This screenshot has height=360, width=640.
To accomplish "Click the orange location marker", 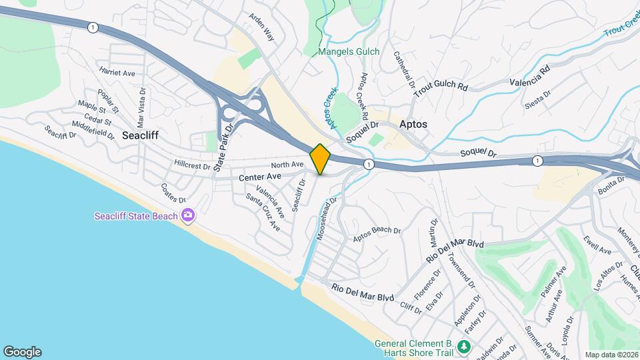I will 320,159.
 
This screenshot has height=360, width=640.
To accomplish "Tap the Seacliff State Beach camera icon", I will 188,215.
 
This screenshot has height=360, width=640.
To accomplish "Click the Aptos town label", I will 413,125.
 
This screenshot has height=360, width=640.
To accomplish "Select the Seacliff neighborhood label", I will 139,134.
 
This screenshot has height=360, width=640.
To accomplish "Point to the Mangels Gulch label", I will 349,52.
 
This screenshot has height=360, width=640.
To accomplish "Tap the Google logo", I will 22,352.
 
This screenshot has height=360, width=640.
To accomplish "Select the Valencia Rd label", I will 530,77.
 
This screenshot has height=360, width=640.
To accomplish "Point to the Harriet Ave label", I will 117,72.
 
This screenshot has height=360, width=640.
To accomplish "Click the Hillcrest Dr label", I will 192,163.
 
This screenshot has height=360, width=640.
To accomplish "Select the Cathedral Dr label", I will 404,71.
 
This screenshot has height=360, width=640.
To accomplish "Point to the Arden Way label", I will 261,29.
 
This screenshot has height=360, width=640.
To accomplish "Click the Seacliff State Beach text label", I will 136,216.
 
